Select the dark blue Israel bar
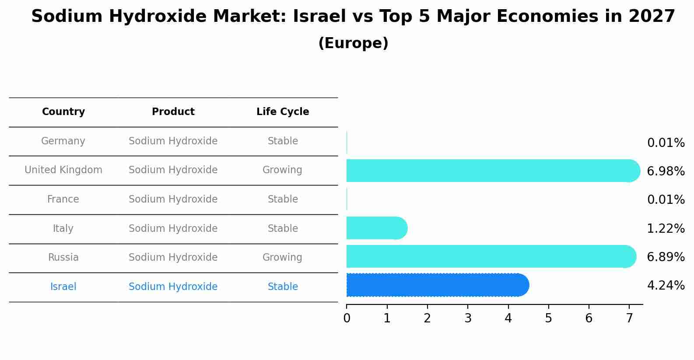click(438, 285)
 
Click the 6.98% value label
click(666, 171)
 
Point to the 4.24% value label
click(666, 286)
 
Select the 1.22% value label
click(666, 228)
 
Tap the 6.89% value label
click(666, 257)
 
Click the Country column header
click(63, 112)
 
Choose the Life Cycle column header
click(283, 112)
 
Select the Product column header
click(173, 112)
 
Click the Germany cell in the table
click(63, 141)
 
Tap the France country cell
click(63, 199)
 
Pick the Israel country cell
click(63, 287)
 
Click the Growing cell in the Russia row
click(282, 258)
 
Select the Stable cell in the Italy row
click(283, 229)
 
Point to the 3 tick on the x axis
click(468, 318)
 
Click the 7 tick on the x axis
click(629, 318)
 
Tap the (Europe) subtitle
click(353, 43)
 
